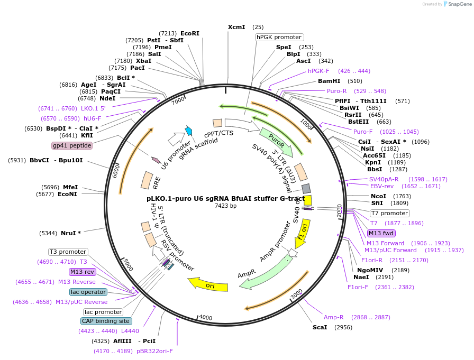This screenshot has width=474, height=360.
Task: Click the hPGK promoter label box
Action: tap(279, 37)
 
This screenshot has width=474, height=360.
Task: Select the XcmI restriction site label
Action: tap(236, 27)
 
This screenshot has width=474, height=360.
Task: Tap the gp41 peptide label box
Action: tap(72, 145)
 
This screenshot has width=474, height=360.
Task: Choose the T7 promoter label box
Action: tap(389, 213)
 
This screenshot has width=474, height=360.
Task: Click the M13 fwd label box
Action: tap(381, 233)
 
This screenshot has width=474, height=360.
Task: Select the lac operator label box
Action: tap(88, 292)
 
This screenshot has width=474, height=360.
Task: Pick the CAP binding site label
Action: tap(106, 321)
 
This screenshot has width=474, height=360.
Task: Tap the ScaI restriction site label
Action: tap(320, 327)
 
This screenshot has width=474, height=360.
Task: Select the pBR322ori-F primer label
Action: tap(154, 351)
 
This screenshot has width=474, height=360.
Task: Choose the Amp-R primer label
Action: tap(334, 317)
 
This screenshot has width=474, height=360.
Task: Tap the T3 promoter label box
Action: tap(68, 252)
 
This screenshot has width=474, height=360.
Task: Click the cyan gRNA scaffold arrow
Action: tap(188, 131)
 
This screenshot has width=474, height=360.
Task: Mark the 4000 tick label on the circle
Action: tap(206, 318)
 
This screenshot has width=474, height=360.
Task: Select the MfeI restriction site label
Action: tap(71, 187)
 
